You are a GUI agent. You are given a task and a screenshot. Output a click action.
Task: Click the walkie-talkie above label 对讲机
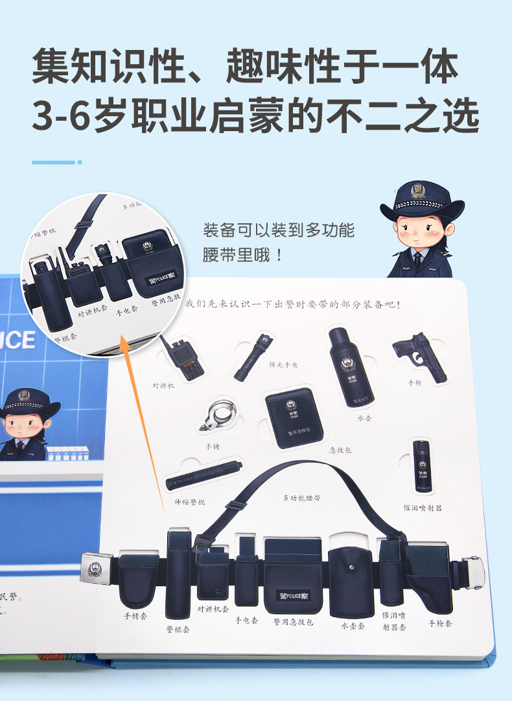183,358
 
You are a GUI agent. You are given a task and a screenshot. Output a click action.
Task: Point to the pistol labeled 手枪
421,355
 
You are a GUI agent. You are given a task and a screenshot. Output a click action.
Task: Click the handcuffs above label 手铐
218,416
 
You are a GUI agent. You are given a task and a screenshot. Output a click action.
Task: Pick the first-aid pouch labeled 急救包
294,419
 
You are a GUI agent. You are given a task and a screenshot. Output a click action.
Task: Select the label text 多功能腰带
301,498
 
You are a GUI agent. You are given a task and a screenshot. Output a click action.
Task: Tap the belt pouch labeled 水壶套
351,582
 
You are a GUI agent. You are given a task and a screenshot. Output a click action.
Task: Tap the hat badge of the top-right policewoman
418,191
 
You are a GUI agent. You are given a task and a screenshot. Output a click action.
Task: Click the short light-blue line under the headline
54,162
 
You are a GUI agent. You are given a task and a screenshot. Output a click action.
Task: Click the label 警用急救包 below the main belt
293,621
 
